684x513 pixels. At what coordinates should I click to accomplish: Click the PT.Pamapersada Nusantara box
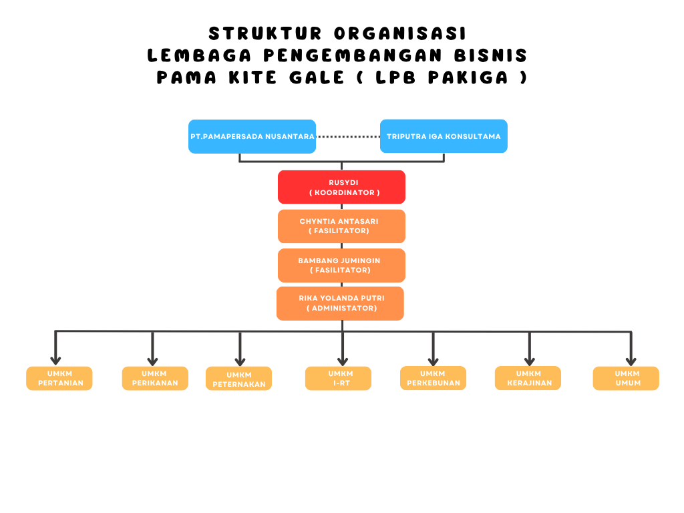252,136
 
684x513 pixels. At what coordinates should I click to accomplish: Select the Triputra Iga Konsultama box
444,136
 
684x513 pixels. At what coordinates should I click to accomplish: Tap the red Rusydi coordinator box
341,187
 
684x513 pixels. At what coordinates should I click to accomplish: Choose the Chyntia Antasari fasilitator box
341,226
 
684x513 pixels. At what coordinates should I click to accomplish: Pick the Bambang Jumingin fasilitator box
341,265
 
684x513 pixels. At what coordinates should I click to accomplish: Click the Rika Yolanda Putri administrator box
340,303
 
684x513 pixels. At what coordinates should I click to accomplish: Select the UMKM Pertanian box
59,378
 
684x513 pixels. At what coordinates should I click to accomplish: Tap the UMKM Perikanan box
155,378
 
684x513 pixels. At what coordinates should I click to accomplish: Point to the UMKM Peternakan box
238,379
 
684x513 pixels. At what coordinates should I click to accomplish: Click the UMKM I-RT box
338,378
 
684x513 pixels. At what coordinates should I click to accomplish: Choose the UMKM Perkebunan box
433,378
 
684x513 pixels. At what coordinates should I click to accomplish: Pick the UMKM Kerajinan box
528,378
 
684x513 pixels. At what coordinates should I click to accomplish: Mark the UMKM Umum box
626,378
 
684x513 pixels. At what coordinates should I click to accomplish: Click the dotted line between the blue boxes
347,136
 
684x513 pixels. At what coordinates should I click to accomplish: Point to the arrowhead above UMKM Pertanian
55,359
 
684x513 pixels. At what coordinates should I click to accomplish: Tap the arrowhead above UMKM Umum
631,359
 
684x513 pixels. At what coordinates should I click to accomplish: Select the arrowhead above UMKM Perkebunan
434,359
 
